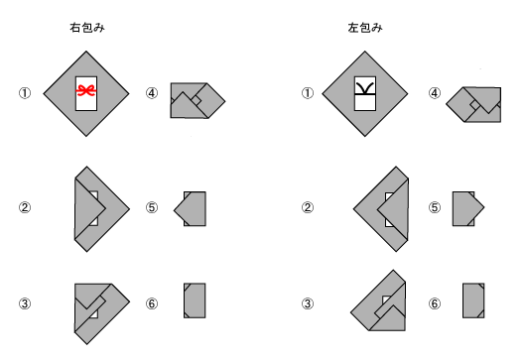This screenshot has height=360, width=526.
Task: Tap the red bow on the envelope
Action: [87, 90]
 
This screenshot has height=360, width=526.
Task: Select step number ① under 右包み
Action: [25, 93]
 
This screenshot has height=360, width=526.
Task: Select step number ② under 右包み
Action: [25, 208]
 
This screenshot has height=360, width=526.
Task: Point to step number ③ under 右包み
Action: [25, 303]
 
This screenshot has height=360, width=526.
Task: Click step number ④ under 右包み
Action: [152, 93]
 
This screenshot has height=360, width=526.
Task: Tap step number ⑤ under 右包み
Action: [152, 208]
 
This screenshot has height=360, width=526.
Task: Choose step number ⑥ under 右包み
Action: [152, 303]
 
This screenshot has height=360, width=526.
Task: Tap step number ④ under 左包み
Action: [434, 93]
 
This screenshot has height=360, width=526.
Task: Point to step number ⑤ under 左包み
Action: [434, 208]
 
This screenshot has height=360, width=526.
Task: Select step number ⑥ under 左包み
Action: [434, 303]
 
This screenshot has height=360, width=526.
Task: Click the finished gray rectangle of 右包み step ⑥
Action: [194, 300]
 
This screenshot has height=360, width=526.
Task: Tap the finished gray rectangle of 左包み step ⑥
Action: [473, 300]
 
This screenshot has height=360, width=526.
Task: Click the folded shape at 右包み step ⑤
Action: [192, 209]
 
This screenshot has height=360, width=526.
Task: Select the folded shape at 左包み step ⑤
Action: [466, 209]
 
